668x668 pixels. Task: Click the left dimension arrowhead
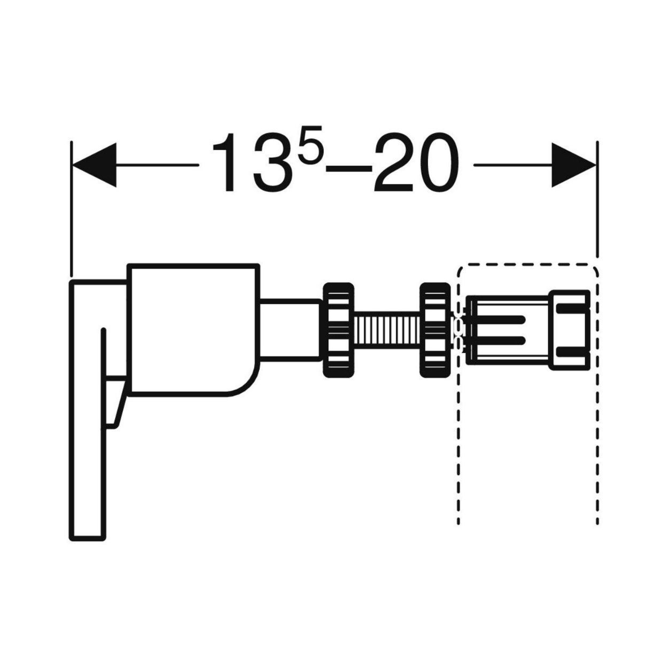(94, 165)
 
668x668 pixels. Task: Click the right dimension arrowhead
(573, 165)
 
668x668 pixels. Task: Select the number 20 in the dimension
(416, 162)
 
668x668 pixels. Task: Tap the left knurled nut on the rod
(339, 330)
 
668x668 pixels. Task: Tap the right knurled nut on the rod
(435, 330)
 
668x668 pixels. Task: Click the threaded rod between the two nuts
(387, 330)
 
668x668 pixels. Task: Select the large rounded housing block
(193, 330)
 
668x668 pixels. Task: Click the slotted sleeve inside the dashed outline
(508, 330)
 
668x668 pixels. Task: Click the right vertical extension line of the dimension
(597, 199)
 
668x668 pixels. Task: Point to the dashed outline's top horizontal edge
(527, 265)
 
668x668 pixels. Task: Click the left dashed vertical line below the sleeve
(459, 450)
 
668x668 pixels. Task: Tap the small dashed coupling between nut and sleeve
(459, 330)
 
